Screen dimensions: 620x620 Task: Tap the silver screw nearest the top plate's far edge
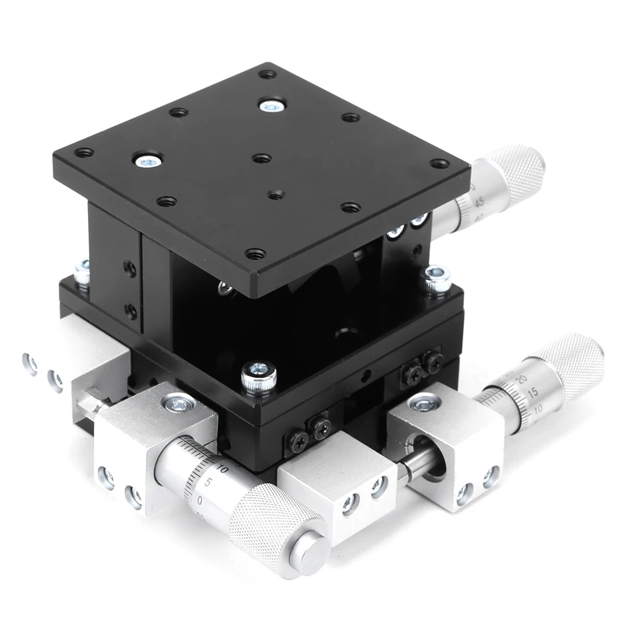click(271, 106)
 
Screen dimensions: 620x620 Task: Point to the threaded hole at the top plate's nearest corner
click(254, 253)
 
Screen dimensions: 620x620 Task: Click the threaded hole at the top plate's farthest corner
click(268, 74)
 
